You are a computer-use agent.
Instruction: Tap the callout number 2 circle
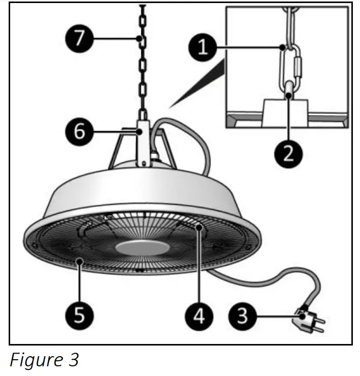(288, 151)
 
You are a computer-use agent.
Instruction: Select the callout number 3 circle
(243, 316)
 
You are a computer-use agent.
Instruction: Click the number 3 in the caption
(73, 360)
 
